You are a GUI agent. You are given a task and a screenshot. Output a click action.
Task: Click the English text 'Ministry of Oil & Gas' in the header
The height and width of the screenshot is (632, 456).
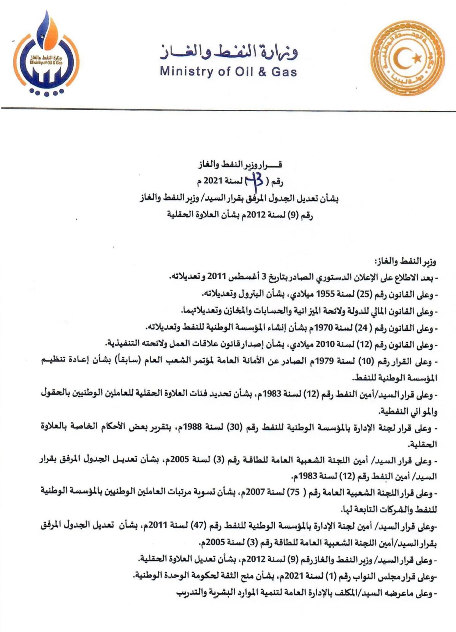228,71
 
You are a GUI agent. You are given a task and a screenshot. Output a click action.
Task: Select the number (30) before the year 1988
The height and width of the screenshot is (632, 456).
233,428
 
